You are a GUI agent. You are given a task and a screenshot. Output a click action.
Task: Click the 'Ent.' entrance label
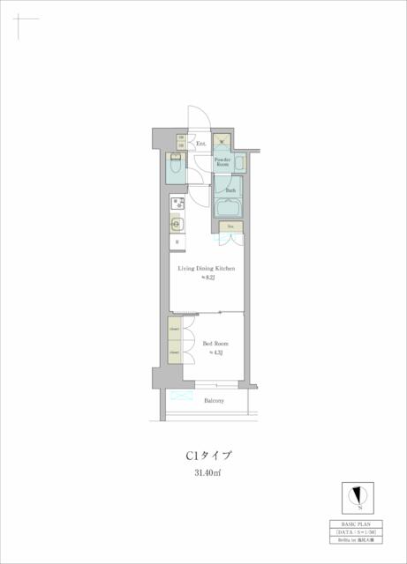pos(200,143)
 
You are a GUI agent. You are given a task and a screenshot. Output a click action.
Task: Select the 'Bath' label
pos(230,190)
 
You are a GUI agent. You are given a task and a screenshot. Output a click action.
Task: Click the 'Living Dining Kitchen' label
pos(207,268)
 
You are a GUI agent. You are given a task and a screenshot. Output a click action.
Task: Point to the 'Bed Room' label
pos(215,344)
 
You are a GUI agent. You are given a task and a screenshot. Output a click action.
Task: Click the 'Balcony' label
pos(214,401)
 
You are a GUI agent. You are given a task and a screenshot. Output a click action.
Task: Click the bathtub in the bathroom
pos(230,210)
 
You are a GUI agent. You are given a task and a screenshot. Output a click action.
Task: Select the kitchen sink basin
pos(176,224)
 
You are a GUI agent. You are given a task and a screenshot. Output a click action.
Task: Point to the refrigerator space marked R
pos(177,242)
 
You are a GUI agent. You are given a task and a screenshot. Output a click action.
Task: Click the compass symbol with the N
pos(358,495)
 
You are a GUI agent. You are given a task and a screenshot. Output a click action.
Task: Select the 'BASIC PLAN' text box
pos(358,523)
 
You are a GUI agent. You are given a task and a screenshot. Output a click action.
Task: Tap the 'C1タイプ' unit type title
pos(208,456)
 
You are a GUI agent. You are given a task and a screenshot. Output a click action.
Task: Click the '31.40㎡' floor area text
pos(208,473)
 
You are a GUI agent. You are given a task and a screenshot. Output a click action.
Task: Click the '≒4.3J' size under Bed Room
pos(215,352)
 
